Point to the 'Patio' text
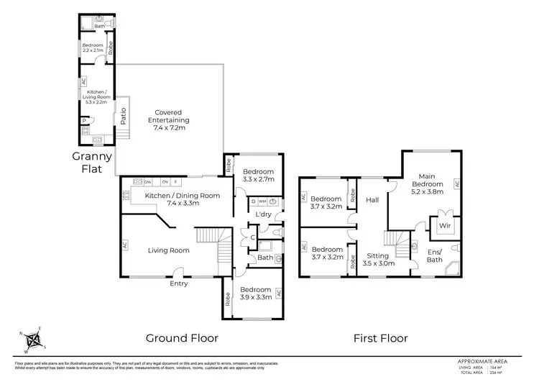124,115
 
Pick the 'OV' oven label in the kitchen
165,183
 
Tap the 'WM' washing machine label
262,201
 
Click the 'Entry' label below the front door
178,283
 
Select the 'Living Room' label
169,250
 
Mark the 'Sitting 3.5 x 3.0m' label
377,260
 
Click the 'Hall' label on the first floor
372,200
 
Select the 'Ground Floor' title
182,337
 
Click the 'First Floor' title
381,337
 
